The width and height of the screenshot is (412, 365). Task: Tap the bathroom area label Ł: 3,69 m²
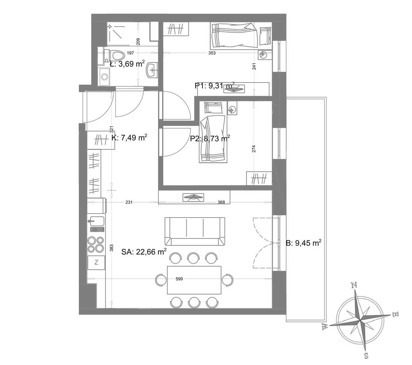(127, 64)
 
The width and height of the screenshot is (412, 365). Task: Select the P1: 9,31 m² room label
(215, 85)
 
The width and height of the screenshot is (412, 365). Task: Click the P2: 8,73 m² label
(210, 138)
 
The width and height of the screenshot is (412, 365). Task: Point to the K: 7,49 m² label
(129, 138)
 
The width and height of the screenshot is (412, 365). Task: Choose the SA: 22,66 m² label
(144, 252)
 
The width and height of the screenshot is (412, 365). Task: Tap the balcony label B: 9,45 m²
(304, 243)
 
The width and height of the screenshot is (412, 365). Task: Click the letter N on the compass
(354, 285)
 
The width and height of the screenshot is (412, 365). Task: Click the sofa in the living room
(195, 231)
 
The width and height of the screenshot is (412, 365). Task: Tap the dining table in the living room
(194, 280)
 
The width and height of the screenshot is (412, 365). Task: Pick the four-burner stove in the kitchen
(96, 245)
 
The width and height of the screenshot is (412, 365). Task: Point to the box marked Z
(96, 262)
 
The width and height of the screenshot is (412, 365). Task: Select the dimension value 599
(179, 279)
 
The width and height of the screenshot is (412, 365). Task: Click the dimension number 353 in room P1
(212, 53)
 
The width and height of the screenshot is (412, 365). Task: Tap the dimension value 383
(111, 248)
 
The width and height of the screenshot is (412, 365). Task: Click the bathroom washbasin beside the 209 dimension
(152, 70)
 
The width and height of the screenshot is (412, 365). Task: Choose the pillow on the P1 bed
(265, 36)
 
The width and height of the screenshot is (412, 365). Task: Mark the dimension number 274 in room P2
(254, 149)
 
